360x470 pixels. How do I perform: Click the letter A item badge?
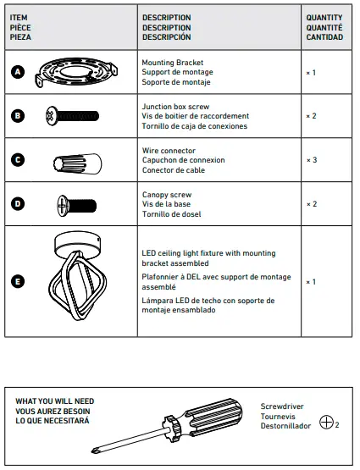click(19, 73)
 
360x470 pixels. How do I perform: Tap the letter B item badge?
click(19, 116)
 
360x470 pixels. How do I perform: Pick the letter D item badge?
click(19, 204)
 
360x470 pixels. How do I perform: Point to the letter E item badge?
click(19, 281)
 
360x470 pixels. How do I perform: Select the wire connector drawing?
click(77, 161)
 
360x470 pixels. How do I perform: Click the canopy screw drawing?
click(75, 204)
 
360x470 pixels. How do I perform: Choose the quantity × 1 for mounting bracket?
click(311, 73)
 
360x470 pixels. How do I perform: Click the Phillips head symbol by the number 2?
click(326, 423)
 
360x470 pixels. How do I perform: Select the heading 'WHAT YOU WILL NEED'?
click(55, 401)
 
